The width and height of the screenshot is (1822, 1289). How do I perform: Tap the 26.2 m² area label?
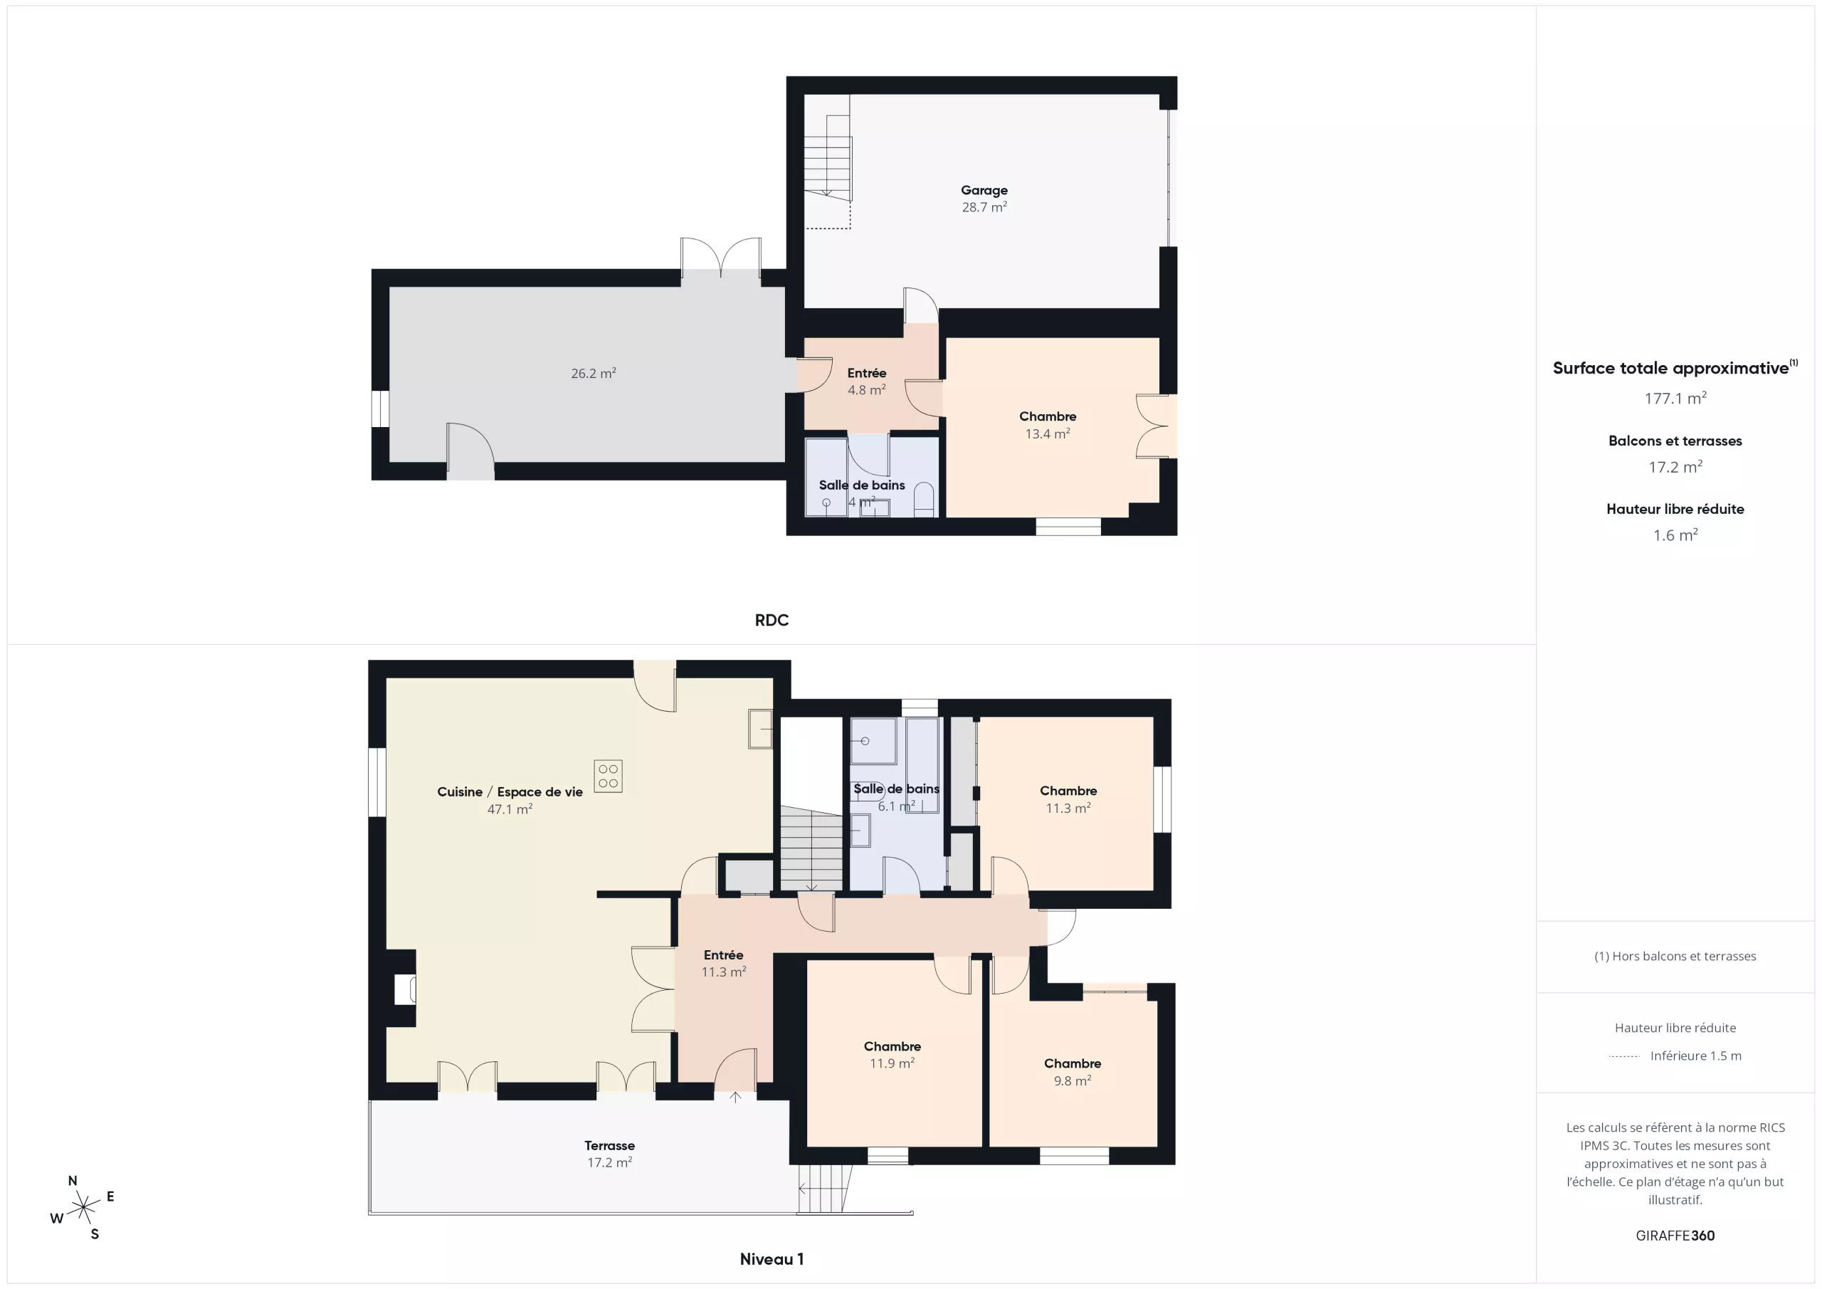594,373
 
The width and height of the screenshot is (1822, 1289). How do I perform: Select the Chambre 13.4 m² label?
1048,425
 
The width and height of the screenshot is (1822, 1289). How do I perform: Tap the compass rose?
83,1208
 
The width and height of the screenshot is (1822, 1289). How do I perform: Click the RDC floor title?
772,621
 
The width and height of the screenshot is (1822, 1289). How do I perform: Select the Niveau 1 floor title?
772,1259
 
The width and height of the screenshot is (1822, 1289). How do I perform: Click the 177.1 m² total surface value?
1675,398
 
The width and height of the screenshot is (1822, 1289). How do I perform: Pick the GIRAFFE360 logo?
1675,1236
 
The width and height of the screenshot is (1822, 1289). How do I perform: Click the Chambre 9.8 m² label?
1072,1071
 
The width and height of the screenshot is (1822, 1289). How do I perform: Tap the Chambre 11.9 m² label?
892,1055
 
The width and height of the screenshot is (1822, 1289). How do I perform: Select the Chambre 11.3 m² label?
1068,799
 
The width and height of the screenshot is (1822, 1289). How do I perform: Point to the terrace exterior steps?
824,1188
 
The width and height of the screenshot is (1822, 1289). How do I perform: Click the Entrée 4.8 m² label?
867,381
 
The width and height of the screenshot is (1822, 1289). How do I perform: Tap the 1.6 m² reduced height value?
1675,535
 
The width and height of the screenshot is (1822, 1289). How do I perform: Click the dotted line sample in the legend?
1623,1056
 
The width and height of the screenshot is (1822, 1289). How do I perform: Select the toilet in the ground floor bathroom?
924,501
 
